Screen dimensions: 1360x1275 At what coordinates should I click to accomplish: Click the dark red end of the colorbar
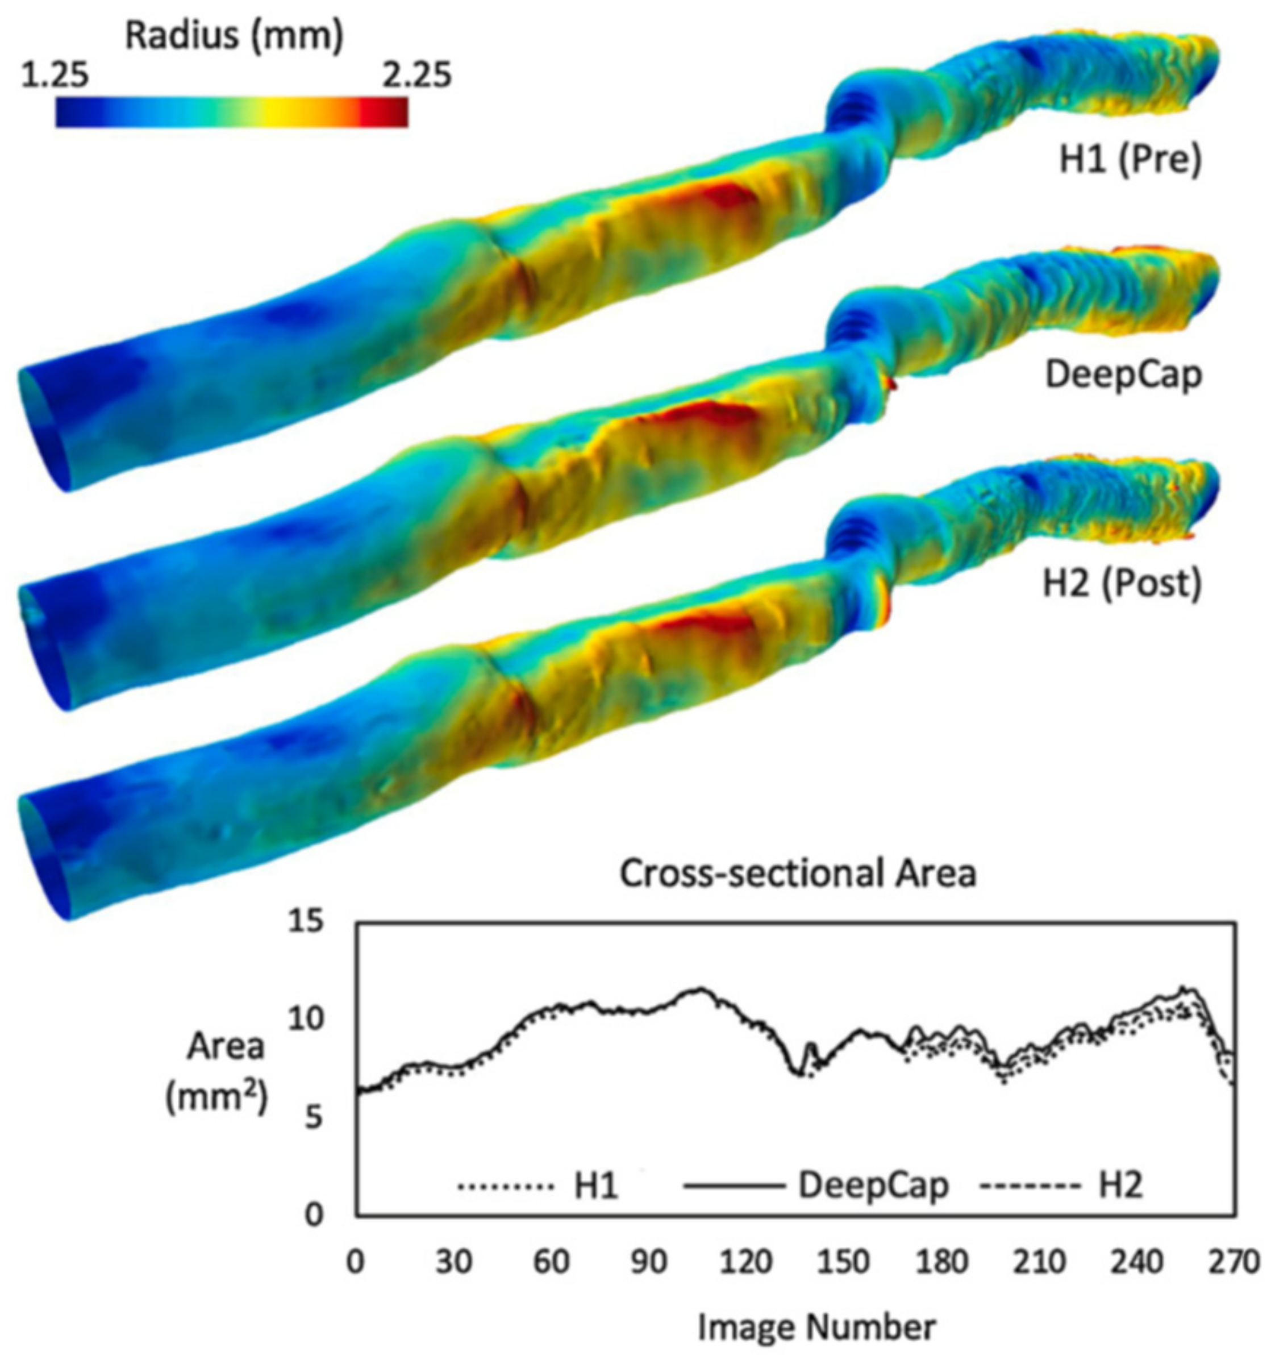393,112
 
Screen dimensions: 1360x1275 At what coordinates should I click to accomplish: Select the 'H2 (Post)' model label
1122,585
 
